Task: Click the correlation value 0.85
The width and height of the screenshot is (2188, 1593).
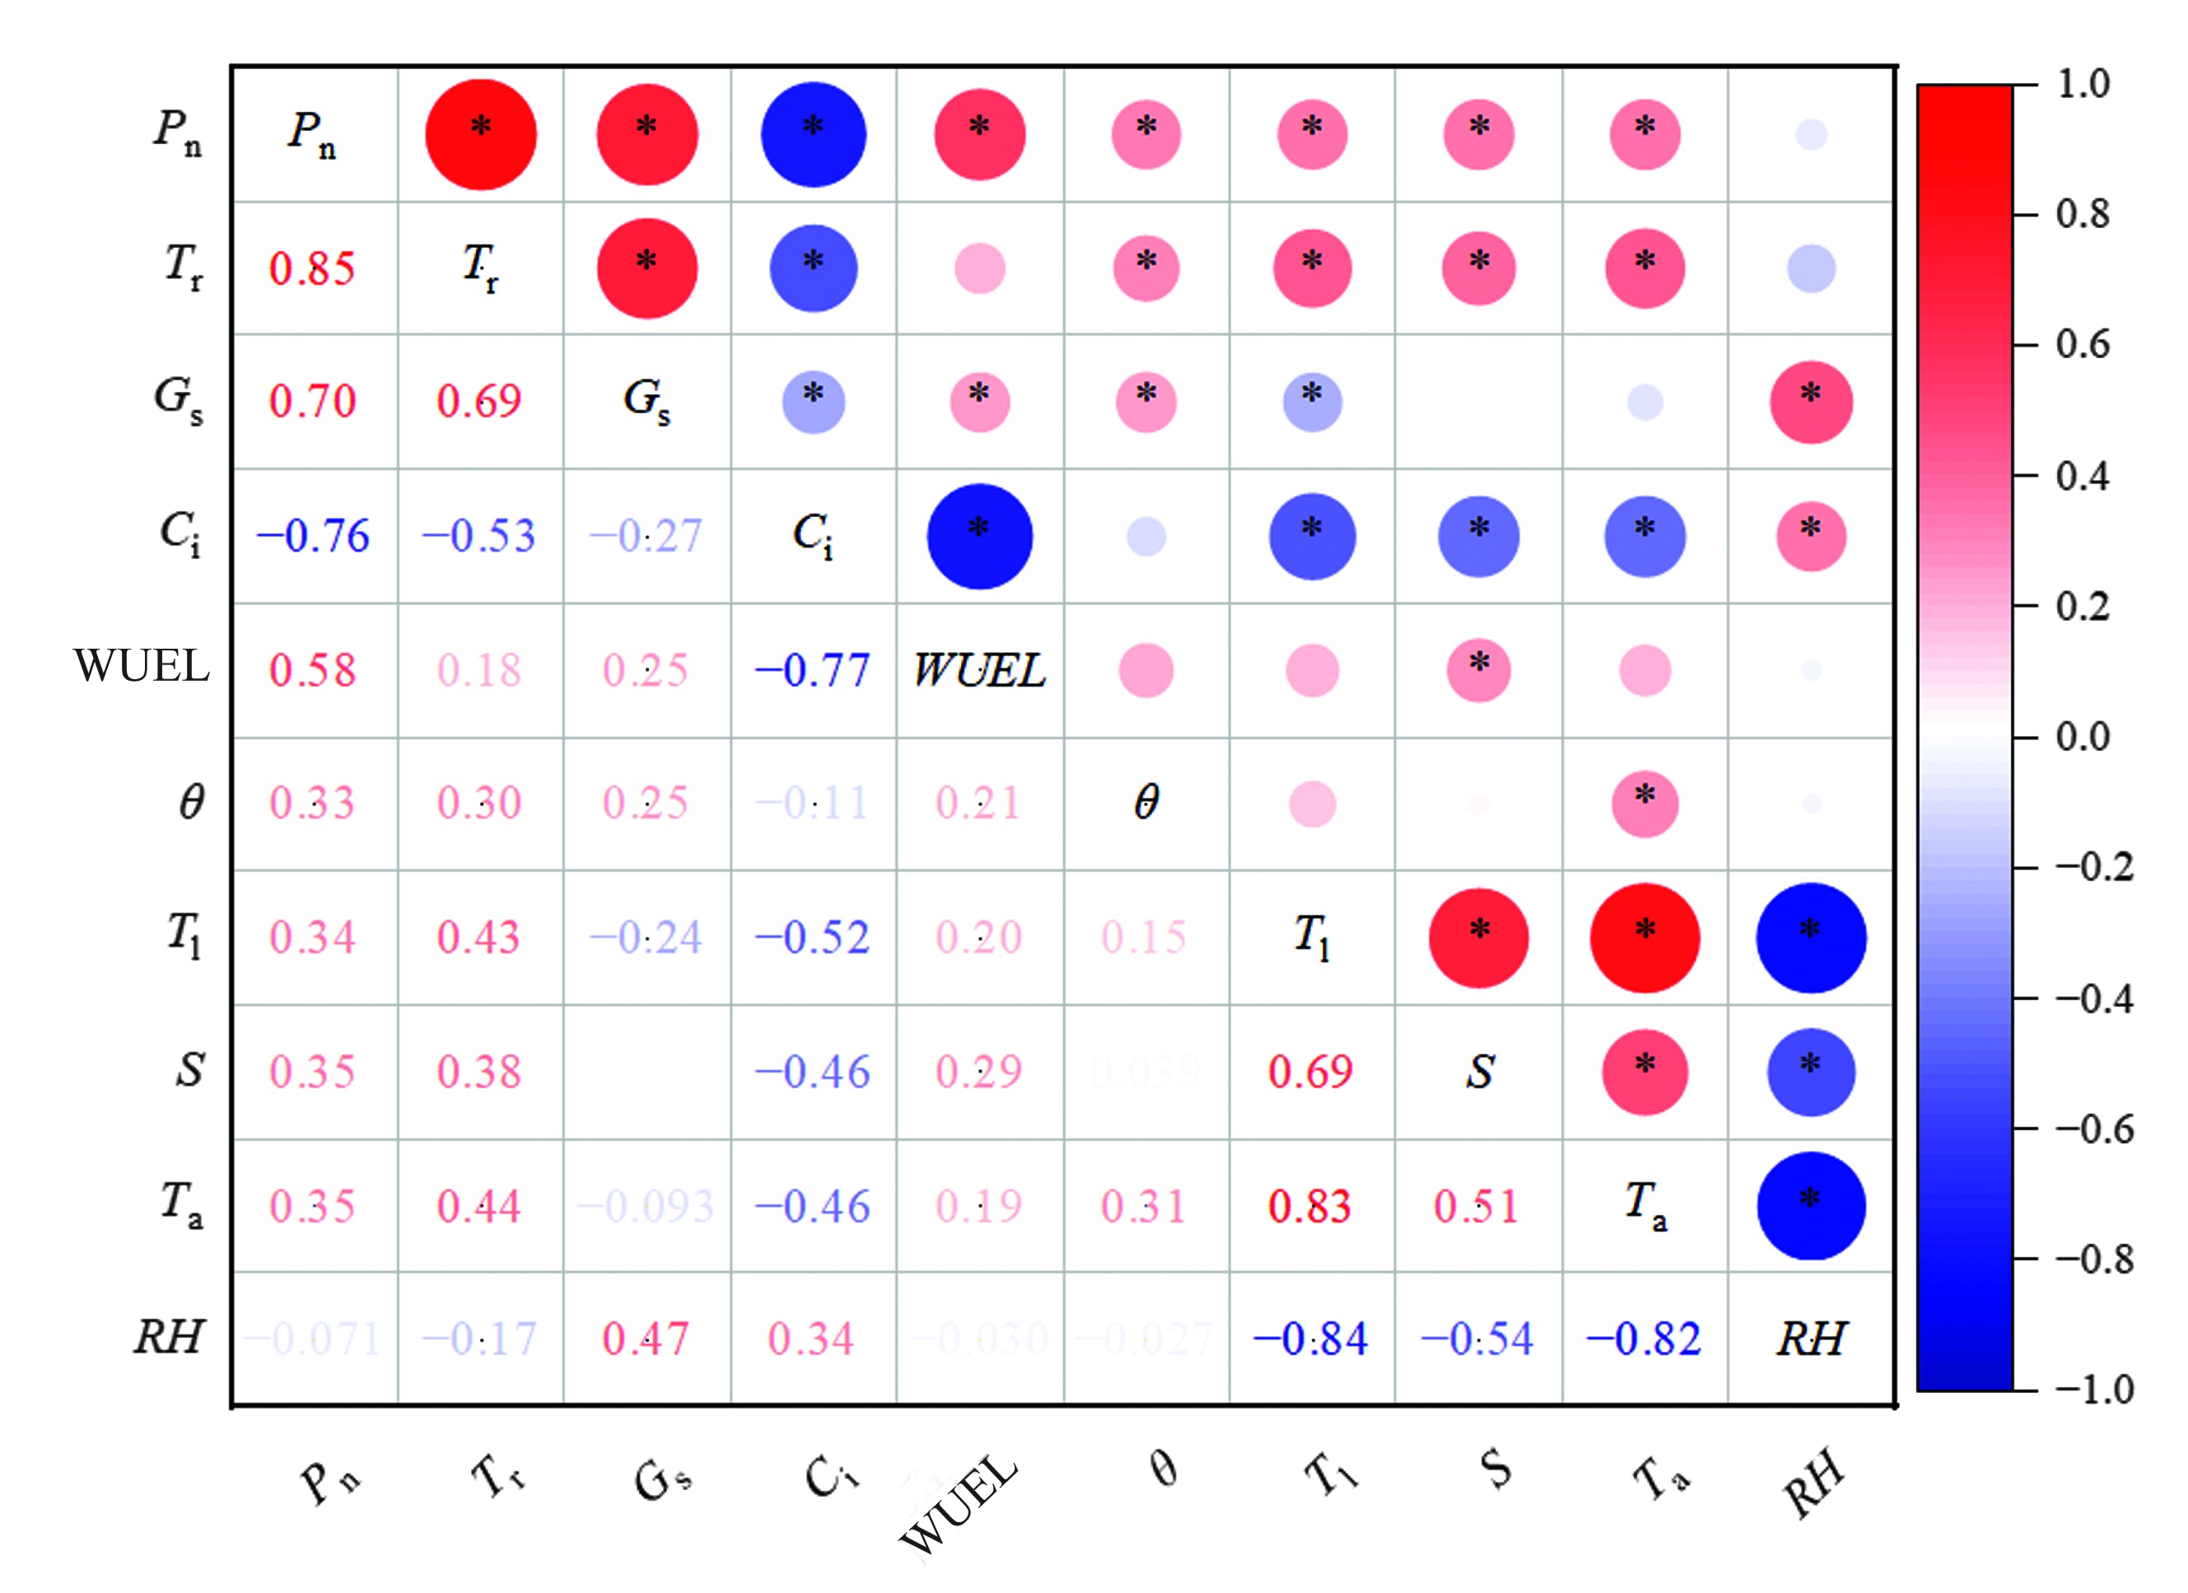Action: pyautogui.click(x=311, y=268)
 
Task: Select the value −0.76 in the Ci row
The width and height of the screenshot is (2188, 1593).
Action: pyautogui.click(x=313, y=535)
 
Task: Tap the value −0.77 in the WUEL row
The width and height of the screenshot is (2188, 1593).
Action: pyautogui.click(x=812, y=670)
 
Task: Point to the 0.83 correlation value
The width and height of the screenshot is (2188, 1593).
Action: pyautogui.click(x=1309, y=1206)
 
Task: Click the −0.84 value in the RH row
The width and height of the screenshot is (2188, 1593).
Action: pyautogui.click(x=1310, y=1339)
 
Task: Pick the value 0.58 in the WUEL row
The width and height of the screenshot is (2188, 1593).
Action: pyautogui.click(x=311, y=670)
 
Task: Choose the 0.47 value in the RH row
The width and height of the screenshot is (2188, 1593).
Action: pyautogui.click(x=646, y=1339)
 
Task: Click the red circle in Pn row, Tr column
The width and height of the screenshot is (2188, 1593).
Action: pyautogui.click(x=480, y=134)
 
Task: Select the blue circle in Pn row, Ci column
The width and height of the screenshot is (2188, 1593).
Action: pyautogui.click(x=814, y=134)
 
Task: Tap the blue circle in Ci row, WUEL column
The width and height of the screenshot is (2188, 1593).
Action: pyautogui.click(x=979, y=536)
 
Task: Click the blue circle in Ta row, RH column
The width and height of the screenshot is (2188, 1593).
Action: pyautogui.click(x=1811, y=1206)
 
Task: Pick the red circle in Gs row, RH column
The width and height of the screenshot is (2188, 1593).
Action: pyautogui.click(x=1811, y=402)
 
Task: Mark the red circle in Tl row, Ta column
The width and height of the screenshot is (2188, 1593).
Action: pyautogui.click(x=1644, y=938)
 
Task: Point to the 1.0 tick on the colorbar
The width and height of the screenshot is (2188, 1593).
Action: pyautogui.click(x=2083, y=85)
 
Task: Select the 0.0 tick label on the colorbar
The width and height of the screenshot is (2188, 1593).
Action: pyautogui.click(x=2083, y=738)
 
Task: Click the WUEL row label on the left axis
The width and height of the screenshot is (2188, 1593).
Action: pyautogui.click(x=141, y=666)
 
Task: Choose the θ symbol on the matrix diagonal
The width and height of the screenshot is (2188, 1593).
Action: pyautogui.click(x=1146, y=803)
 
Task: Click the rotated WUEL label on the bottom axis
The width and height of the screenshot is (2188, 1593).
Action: pyautogui.click(x=958, y=1504)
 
